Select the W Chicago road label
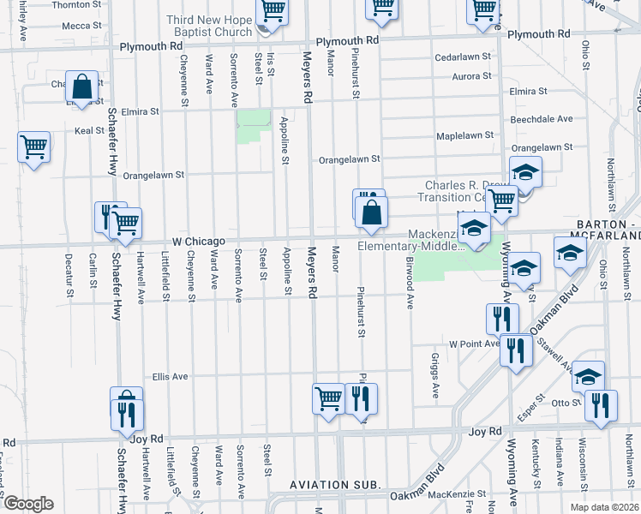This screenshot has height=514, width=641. click(x=198, y=242)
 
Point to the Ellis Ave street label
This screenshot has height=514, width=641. click(x=170, y=376)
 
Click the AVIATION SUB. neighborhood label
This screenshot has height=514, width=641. click(x=334, y=485)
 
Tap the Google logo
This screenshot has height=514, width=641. click(x=28, y=504)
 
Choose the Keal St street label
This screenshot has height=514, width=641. click(x=88, y=131)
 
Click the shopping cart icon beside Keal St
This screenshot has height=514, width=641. click(x=33, y=146)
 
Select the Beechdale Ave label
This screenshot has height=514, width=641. click(x=542, y=119)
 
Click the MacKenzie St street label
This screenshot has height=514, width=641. click(x=456, y=494)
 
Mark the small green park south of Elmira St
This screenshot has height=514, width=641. click(x=252, y=126)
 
